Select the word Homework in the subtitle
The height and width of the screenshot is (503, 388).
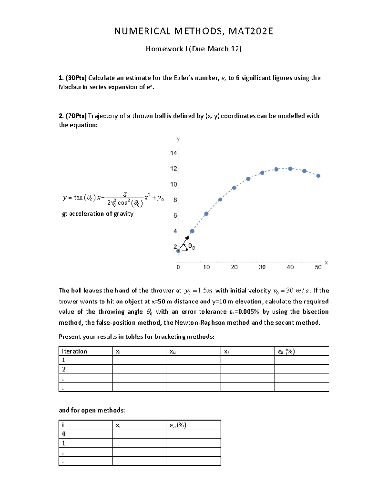[164, 49]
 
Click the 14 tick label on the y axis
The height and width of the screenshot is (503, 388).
[174, 153]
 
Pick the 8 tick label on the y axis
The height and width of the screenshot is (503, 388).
[175, 200]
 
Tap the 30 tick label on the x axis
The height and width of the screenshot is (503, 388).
[262, 267]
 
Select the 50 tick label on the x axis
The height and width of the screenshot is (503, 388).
[318, 267]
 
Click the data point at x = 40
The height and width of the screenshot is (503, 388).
[290, 169]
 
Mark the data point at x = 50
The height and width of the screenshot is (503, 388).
[318, 176]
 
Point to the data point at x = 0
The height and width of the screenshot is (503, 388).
[178, 251]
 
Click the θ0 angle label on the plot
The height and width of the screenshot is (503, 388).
[191, 247]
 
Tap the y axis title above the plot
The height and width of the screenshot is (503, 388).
[178, 139]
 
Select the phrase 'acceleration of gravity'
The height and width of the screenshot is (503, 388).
[101, 214]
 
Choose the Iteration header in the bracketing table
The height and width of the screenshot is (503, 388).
[74, 351]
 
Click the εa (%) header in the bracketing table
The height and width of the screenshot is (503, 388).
[286, 351]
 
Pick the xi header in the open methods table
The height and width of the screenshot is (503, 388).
[118, 425]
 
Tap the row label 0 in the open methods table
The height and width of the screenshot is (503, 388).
[64, 434]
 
